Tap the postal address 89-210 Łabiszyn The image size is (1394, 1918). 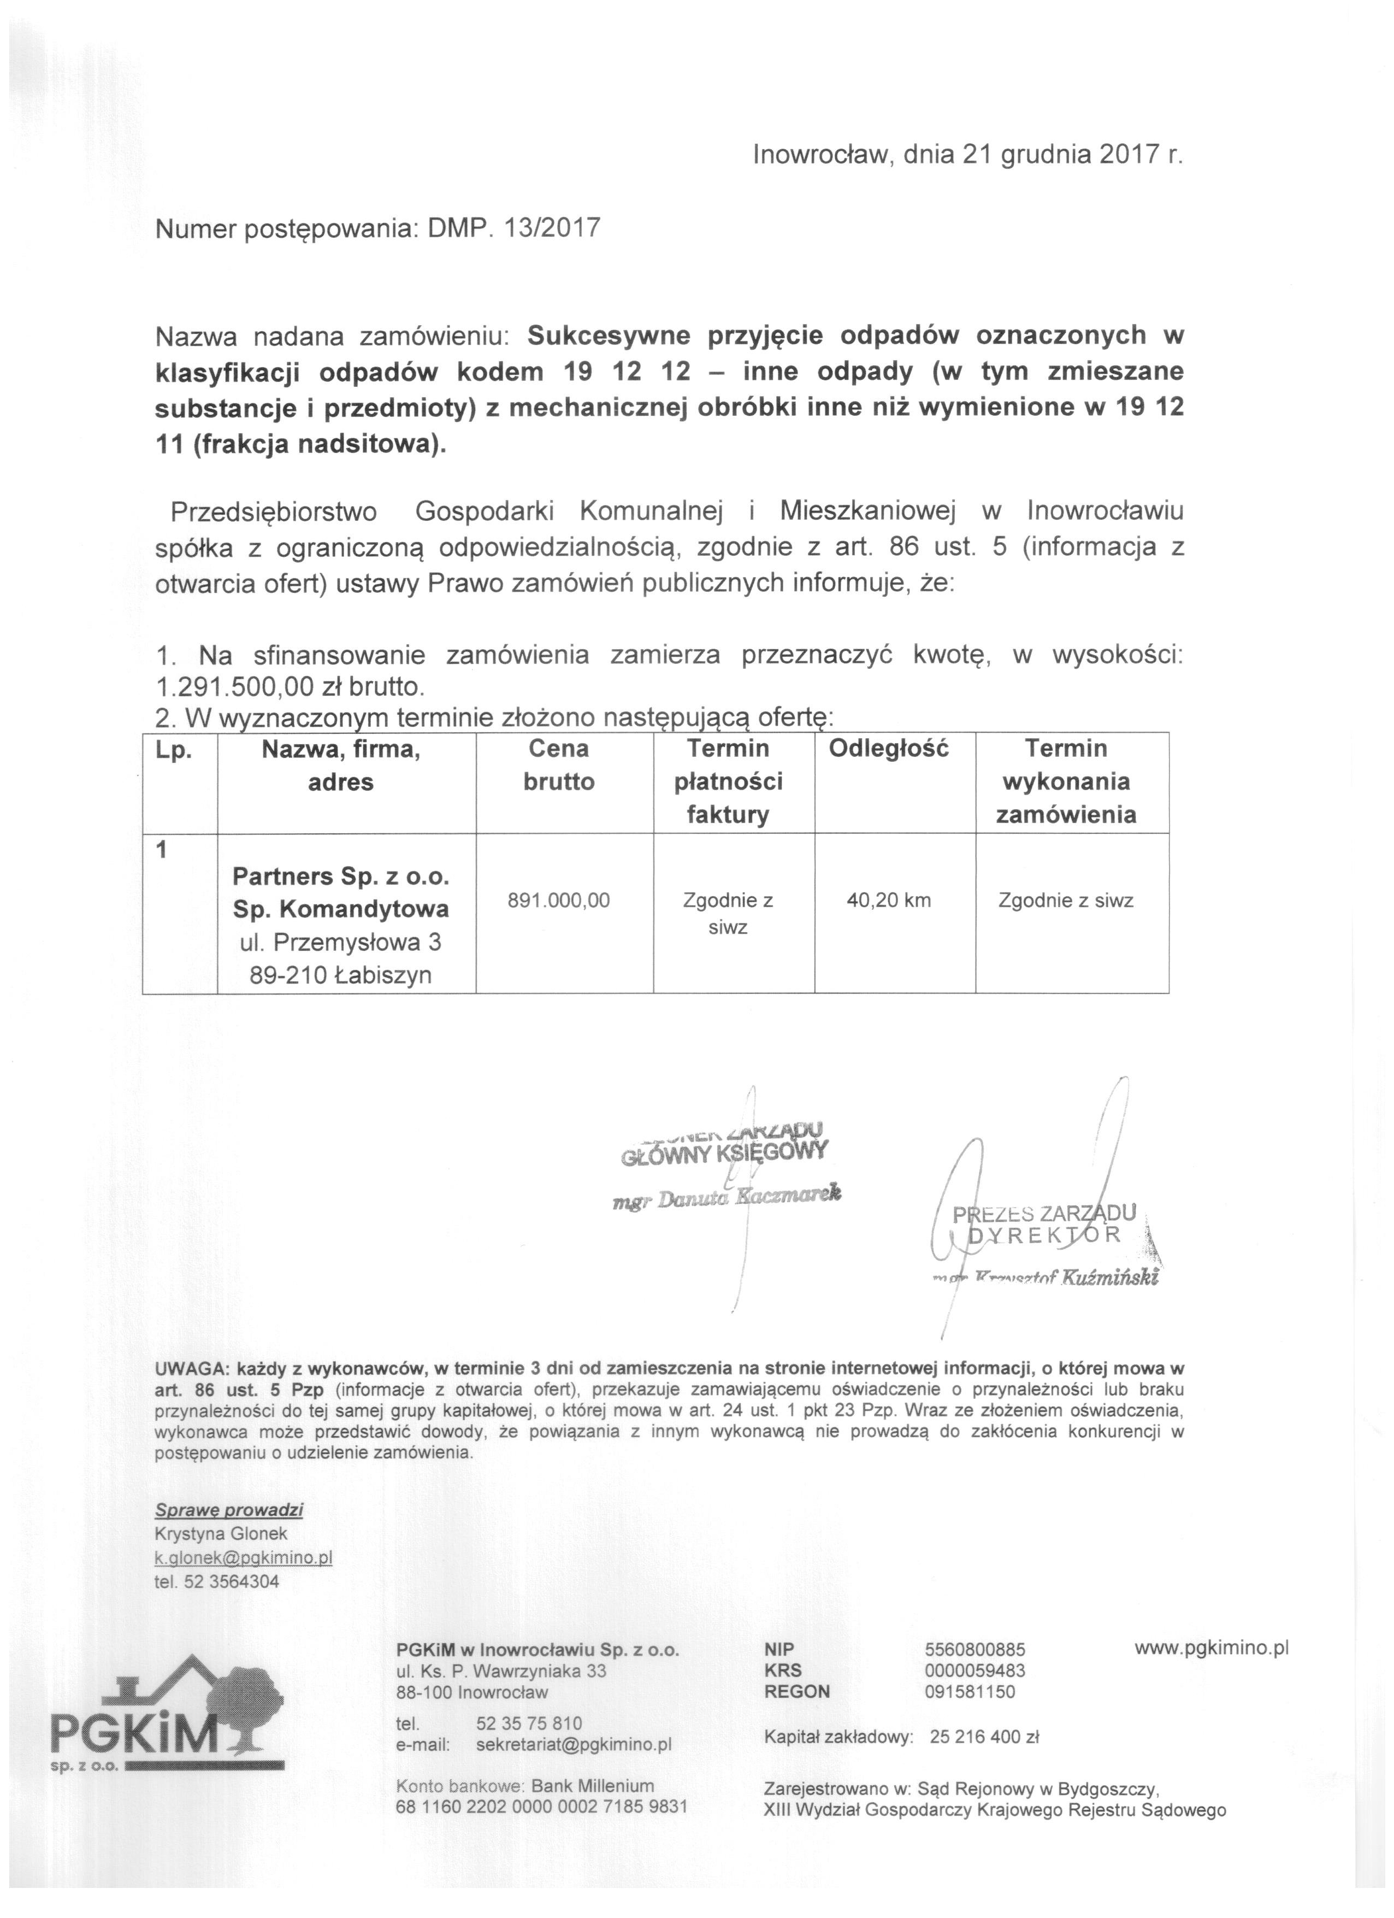(x=341, y=975)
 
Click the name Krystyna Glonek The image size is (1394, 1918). (x=221, y=1534)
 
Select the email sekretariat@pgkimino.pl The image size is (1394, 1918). (x=573, y=1745)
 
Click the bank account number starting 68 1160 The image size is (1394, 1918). (x=541, y=1807)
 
